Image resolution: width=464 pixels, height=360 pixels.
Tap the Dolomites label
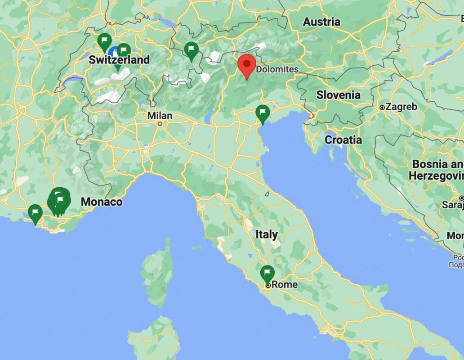277,69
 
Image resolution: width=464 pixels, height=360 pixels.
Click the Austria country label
321,22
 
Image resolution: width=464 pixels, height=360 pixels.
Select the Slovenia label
338,95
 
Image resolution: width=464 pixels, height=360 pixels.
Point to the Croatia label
343,140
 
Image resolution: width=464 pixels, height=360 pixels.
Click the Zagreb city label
401,107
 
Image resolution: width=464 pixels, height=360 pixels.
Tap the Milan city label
160,116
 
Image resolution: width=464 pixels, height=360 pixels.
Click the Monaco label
102,202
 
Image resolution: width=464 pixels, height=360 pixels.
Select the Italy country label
267,234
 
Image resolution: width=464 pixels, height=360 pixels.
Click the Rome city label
284,284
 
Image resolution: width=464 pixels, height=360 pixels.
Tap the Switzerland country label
119,60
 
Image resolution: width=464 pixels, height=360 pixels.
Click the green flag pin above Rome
268,273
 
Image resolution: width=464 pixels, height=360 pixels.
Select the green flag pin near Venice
263,113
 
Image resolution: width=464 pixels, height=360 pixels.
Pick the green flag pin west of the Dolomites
192,50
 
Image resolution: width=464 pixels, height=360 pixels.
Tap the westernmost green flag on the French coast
35,213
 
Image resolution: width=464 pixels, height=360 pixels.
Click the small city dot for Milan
160,123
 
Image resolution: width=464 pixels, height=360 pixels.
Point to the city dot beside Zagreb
382,108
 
